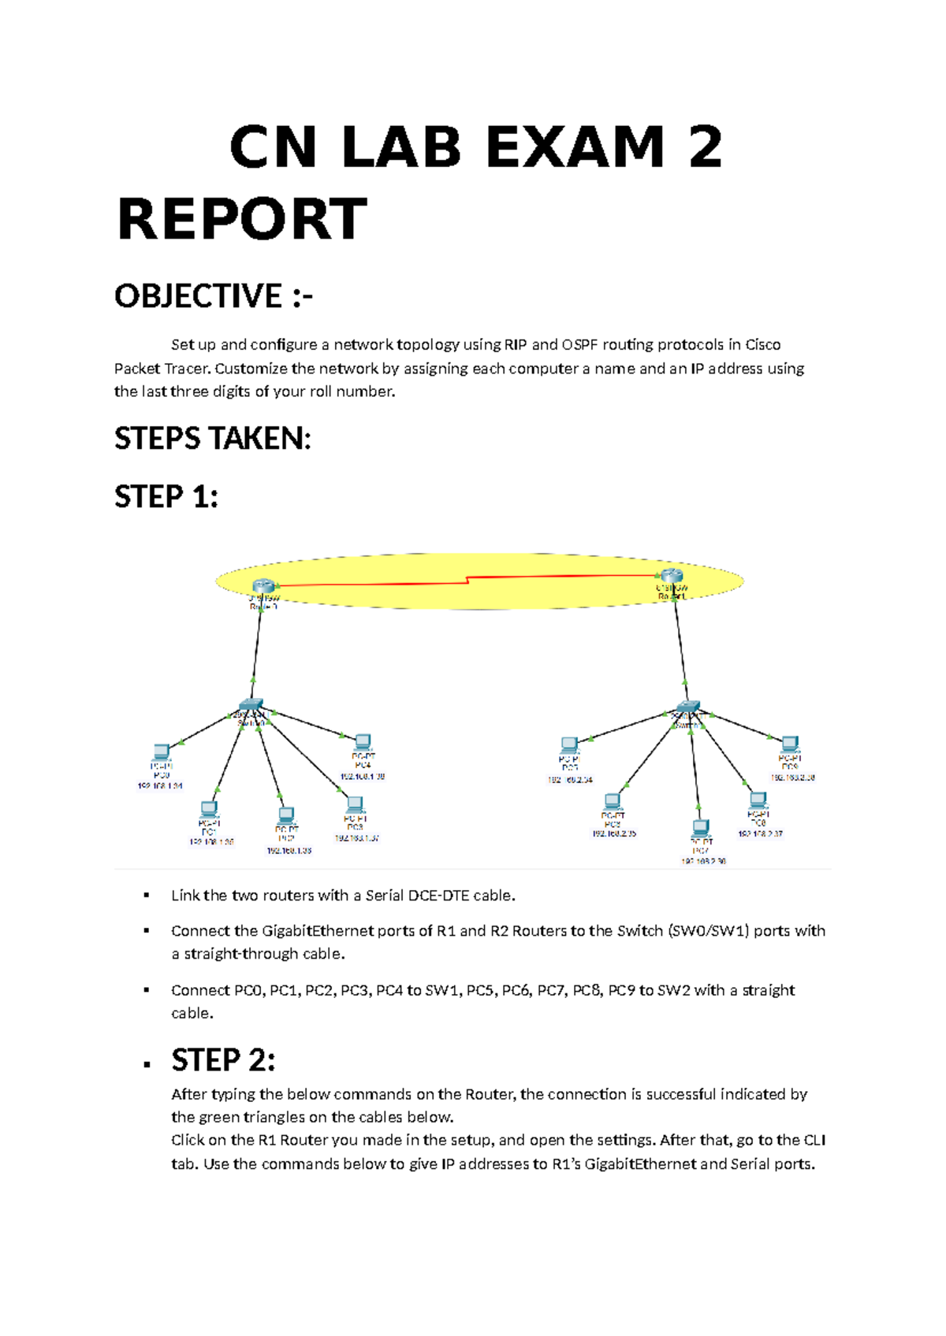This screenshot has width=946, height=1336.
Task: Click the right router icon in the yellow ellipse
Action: pyautogui.click(x=671, y=576)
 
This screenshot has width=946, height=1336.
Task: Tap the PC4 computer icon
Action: pyautogui.click(x=363, y=741)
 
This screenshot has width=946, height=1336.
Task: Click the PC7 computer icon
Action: pyautogui.click(x=700, y=828)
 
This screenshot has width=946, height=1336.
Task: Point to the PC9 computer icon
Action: pyautogui.click(x=790, y=743)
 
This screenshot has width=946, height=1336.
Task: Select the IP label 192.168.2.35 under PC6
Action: pyautogui.click(x=614, y=833)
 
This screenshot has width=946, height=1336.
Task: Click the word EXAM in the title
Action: pyautogui.click(x=575, y=147)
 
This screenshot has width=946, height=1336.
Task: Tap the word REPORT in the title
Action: pyautogui.click(x=242, y=220)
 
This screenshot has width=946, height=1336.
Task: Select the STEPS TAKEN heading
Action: pyautogui.click(x=213, y=438)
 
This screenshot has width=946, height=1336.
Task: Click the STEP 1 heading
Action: pyautogui.click(x=166, y=497)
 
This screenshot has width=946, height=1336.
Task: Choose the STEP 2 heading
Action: pyautogui.click(x=223, y=1060)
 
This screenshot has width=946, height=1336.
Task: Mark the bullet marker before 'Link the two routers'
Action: pyautogui.click(x=146, y=896)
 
